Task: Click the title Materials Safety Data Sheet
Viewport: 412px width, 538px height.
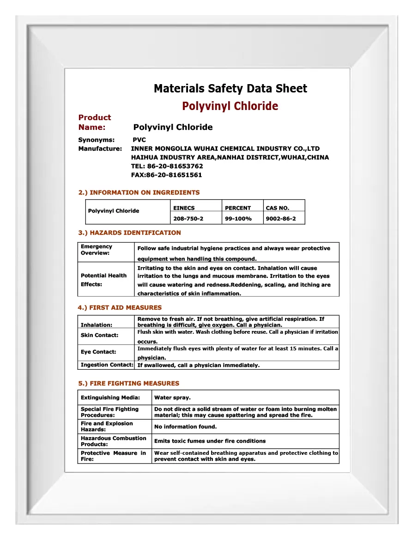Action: pyautogui.click(x=230, y=88)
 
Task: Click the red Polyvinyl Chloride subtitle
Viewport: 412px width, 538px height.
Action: pyautogui.click(x=230, y=106)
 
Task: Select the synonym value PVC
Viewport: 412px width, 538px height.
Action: pyautogui.click(x=139, y=140)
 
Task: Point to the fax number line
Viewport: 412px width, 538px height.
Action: pyautogui.click(x=167, y=175)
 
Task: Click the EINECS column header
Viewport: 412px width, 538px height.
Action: pyautogui.click(x=184, y=208)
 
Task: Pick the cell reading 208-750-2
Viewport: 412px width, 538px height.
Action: pyautogui.click(x=188, y=219)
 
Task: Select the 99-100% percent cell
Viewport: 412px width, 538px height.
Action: pyautogui.click(x=238, y=219)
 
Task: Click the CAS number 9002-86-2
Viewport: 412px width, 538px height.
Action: pyautogui.click(x=281, y=219)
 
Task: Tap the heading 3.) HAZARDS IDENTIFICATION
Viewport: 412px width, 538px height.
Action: pyautogui.click(x=129, y=232)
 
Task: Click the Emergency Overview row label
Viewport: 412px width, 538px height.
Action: pyautogui.click(x=96, y=250)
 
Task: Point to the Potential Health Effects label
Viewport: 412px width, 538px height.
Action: pyautogui.click(x=103, y=280)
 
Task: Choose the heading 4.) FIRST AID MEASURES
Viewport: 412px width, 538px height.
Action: pyautogui.click(x=120, y=307)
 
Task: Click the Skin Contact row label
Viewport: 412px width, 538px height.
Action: pyautogui.click(x=99, y=335)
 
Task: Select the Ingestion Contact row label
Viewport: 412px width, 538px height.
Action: pyautogui.click(x=107, y=365)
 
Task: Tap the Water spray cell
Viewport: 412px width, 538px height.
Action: pyautogui.click(x=172, y=397)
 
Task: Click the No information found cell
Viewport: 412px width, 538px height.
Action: pyautogui.click(x=185, y=427)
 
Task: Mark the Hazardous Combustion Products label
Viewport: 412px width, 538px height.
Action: pyautogui.click(x=113, y=441)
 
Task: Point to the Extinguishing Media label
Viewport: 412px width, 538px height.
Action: pyautogui.click(x=110, y=397)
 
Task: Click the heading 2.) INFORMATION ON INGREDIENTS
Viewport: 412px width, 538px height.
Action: pyautogui.click(x=139, y=192)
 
